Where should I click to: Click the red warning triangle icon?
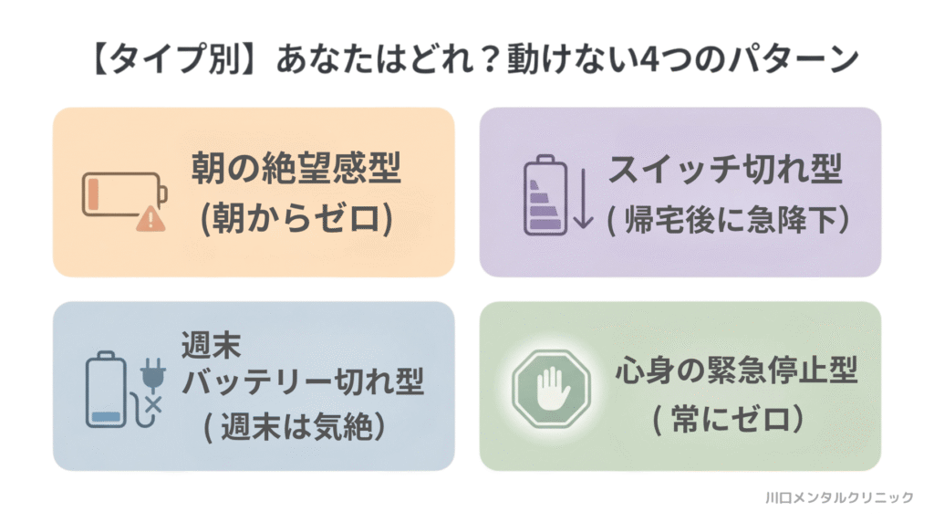tap(147, 220)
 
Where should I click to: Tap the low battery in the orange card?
tap(125, 193)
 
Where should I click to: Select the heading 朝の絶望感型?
tap(296, 170)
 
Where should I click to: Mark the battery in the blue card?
tap(107, 390)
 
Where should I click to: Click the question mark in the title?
tap(531, 61)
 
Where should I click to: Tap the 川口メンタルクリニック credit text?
tap(838, 497)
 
